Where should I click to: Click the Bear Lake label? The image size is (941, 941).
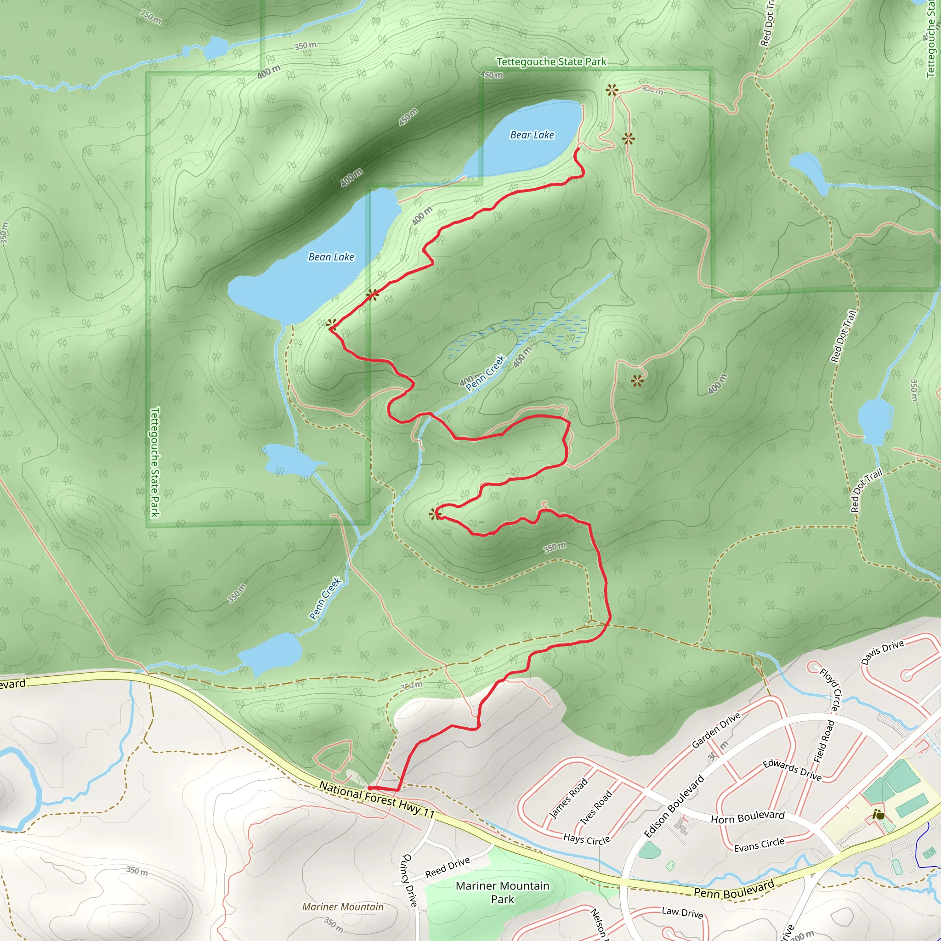532,135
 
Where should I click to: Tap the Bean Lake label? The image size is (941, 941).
331,257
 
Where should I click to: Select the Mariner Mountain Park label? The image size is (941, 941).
502,892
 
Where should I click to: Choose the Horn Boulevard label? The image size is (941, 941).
747,817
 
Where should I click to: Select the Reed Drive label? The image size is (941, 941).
447,867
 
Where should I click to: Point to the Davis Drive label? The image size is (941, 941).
882,652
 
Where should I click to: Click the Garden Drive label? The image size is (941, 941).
716,730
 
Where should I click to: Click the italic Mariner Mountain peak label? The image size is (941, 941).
342,907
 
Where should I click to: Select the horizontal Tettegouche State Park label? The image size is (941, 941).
551,62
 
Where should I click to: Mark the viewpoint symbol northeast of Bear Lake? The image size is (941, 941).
612,90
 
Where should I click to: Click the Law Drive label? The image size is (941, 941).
682,912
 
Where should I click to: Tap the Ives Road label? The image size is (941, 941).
595,808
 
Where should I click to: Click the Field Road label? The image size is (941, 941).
824,741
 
